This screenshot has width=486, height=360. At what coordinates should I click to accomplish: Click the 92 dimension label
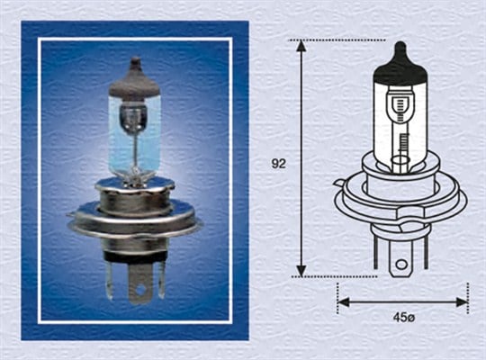279,164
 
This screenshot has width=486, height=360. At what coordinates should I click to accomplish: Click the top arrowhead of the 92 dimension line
301,45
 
